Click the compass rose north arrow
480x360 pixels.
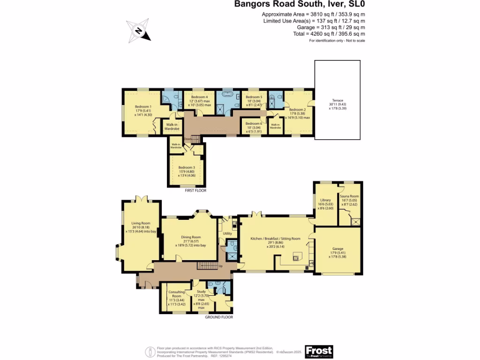[139, 31]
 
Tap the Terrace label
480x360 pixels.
[337, 100]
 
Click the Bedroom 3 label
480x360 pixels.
[187, 167]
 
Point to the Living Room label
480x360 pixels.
[140, 224]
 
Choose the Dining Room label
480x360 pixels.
[190, 237]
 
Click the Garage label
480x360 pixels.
[337, 248]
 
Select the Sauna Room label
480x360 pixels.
[349, 196]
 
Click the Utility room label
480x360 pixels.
[227, 233]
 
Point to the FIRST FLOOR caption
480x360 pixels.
[195, 191]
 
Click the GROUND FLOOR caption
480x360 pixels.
[219, 317]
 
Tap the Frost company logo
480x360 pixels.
[319, 351]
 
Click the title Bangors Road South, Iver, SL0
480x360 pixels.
[300, 5]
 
